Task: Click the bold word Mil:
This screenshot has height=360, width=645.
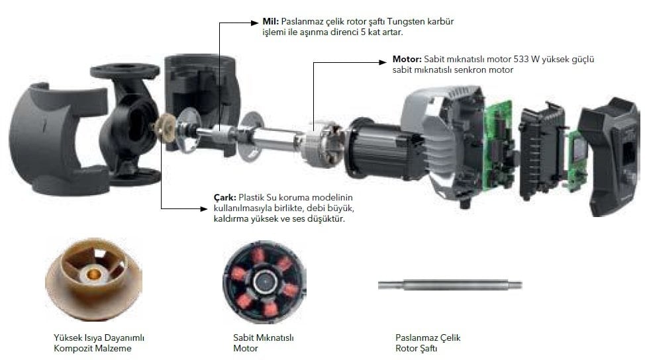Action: (270, 21)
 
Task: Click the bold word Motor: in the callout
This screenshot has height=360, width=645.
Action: (407, 59)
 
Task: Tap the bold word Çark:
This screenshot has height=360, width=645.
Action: (225, 198)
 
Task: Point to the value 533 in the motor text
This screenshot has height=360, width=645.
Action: (521, 59)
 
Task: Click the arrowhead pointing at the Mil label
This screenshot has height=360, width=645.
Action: (255, 22)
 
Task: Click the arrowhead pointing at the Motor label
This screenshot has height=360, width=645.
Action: (383, 62)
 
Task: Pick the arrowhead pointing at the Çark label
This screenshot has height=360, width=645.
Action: (203, 208)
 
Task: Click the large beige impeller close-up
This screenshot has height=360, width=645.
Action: (93, 279)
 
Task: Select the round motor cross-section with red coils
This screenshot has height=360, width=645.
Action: (264, 281)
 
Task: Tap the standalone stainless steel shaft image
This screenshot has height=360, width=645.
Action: (450, 285)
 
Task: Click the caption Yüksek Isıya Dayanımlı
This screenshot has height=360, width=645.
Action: (99, 337)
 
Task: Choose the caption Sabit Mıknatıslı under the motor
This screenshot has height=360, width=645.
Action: (264, 337)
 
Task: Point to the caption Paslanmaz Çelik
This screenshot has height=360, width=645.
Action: (428, 337)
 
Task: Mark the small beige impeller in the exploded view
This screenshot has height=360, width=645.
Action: (165, 128)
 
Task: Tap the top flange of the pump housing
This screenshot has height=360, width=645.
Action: (124, 71)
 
